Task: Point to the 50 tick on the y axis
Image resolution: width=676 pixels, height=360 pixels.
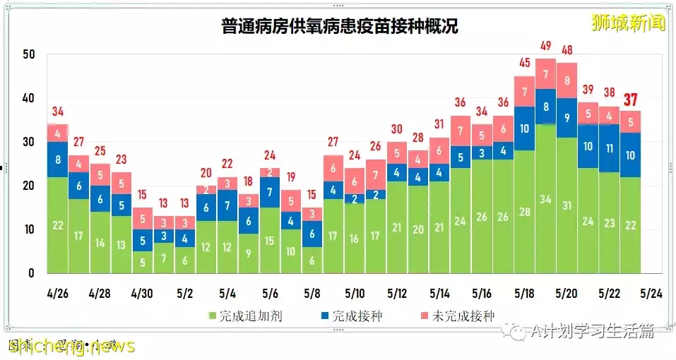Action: [x=28, y=54]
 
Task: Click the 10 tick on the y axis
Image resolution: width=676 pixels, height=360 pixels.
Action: [x=28, y=229]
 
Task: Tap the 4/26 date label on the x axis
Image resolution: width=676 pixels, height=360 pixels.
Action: [x=58, y=292]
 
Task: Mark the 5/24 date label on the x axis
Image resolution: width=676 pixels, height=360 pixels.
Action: [x=650, y=292]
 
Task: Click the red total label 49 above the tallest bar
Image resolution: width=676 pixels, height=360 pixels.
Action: [x=545, y=47]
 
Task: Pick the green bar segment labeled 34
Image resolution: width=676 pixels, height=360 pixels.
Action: [x=545, y=198]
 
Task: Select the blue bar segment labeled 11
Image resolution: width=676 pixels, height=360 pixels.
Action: [x=609, y=148]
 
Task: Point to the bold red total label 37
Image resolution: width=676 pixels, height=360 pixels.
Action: [x=630, y=100]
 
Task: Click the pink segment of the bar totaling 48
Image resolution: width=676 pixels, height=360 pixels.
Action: [x=567, y=80]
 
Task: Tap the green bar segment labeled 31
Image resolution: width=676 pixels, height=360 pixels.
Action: [x=567, y=205]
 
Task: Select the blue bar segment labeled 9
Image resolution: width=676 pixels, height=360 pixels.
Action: [x=567, y=118]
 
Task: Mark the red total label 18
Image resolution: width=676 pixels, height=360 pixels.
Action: [x=249, y=182]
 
